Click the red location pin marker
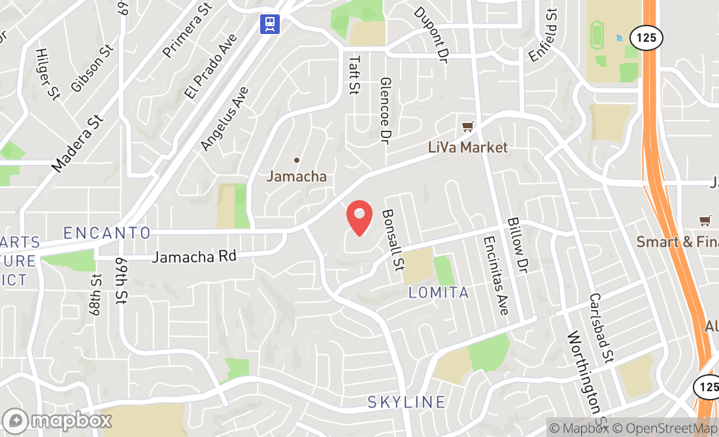(x=359, y=218)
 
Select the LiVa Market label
(x=467, y=147)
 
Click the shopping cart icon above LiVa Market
(x=467, y=126)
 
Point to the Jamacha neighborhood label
(x=296, y=176)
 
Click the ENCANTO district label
(x=107, y=233)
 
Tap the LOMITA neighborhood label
(x=439, y=292)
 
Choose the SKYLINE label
(x=407, y=402)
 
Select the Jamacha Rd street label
(x=193, y=256)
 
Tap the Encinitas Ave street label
(x=495, y=275)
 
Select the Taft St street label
(x=354, y=75)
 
